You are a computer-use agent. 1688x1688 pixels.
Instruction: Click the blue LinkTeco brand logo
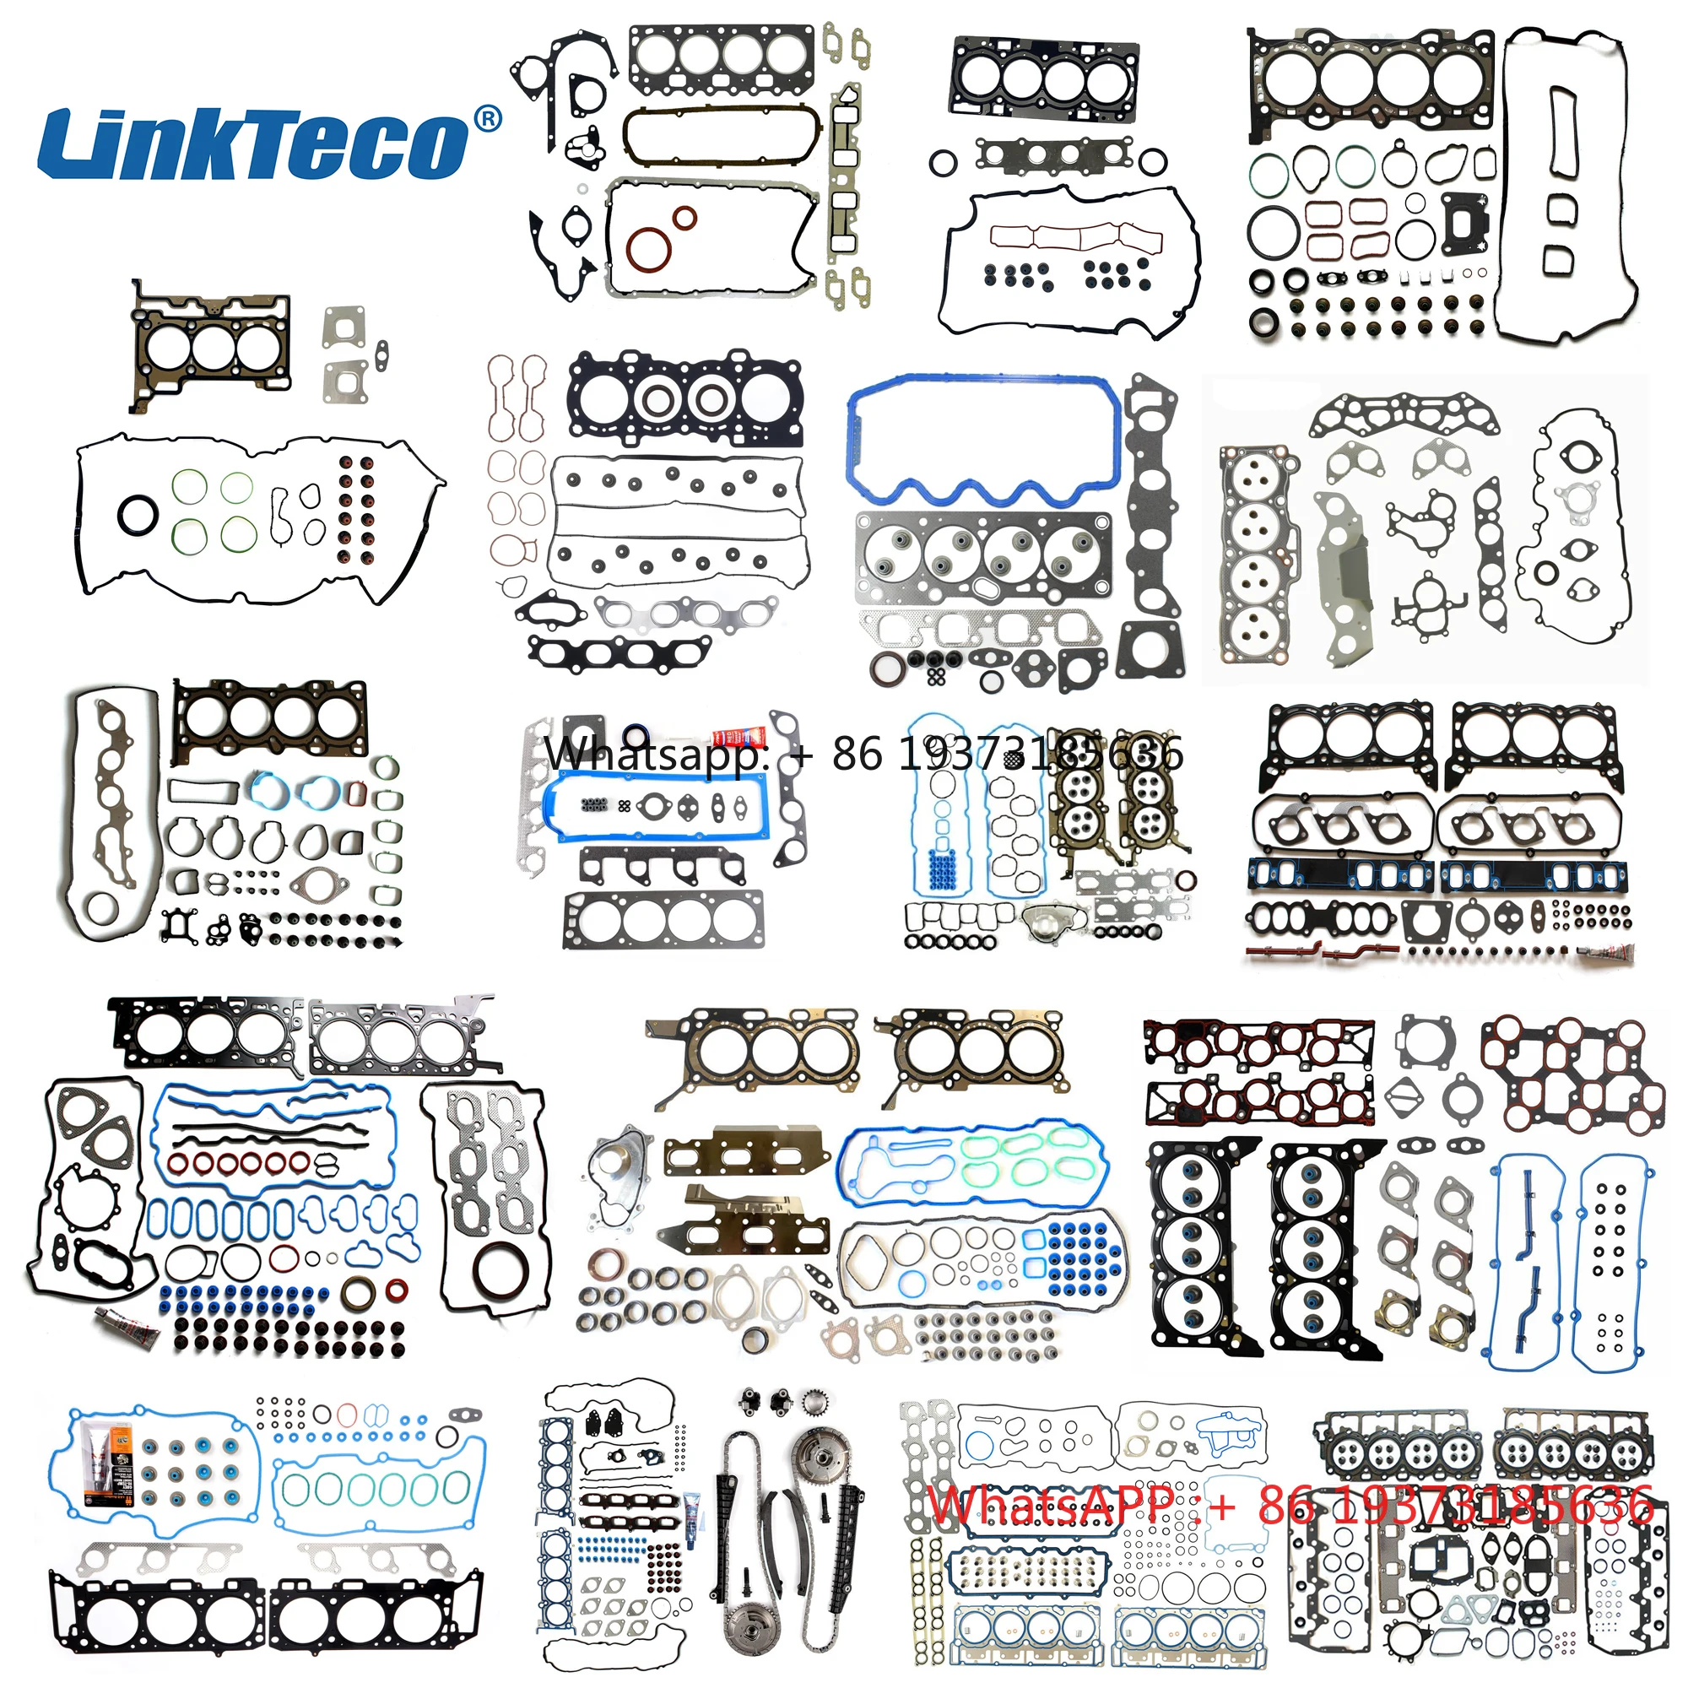pyautogui.click(x=253, y=144)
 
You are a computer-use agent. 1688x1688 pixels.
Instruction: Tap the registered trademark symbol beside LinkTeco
pyautogui.click(x=487, y=119)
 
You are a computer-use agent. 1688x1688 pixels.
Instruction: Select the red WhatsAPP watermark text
pyautogui.click(x=1290, y=1506)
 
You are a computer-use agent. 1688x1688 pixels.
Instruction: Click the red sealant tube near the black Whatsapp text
pyautogui.click(x=738, y=738)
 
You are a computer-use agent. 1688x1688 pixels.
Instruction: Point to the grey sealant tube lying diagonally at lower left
pyautogui.click(x=127, y=1325)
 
